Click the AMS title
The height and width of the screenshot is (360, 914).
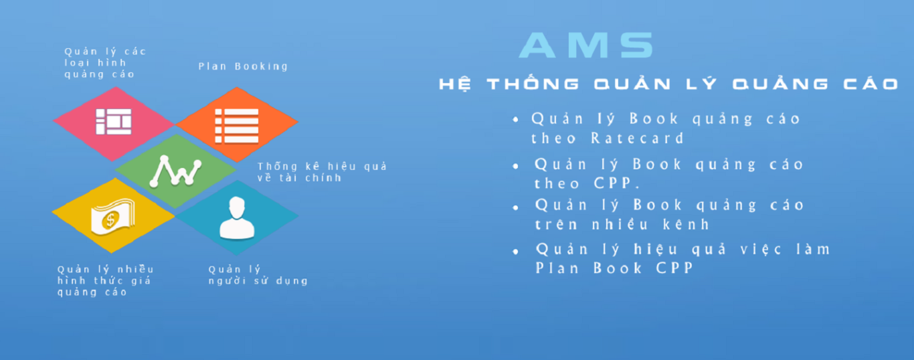point(586,46)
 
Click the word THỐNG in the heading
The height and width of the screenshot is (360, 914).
point(533,84)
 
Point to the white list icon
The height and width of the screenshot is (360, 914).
point(236,125)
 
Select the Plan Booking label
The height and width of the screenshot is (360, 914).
point(243,66)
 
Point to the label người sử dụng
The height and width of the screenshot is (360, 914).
point(258,280)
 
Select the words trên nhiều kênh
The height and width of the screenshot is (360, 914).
point(622,224)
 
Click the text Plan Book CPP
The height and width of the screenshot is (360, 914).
point(614,268)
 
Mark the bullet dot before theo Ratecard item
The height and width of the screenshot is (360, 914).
point(515,120)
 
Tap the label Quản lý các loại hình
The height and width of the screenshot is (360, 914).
point(105,58)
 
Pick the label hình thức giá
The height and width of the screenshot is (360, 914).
point(104,280)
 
